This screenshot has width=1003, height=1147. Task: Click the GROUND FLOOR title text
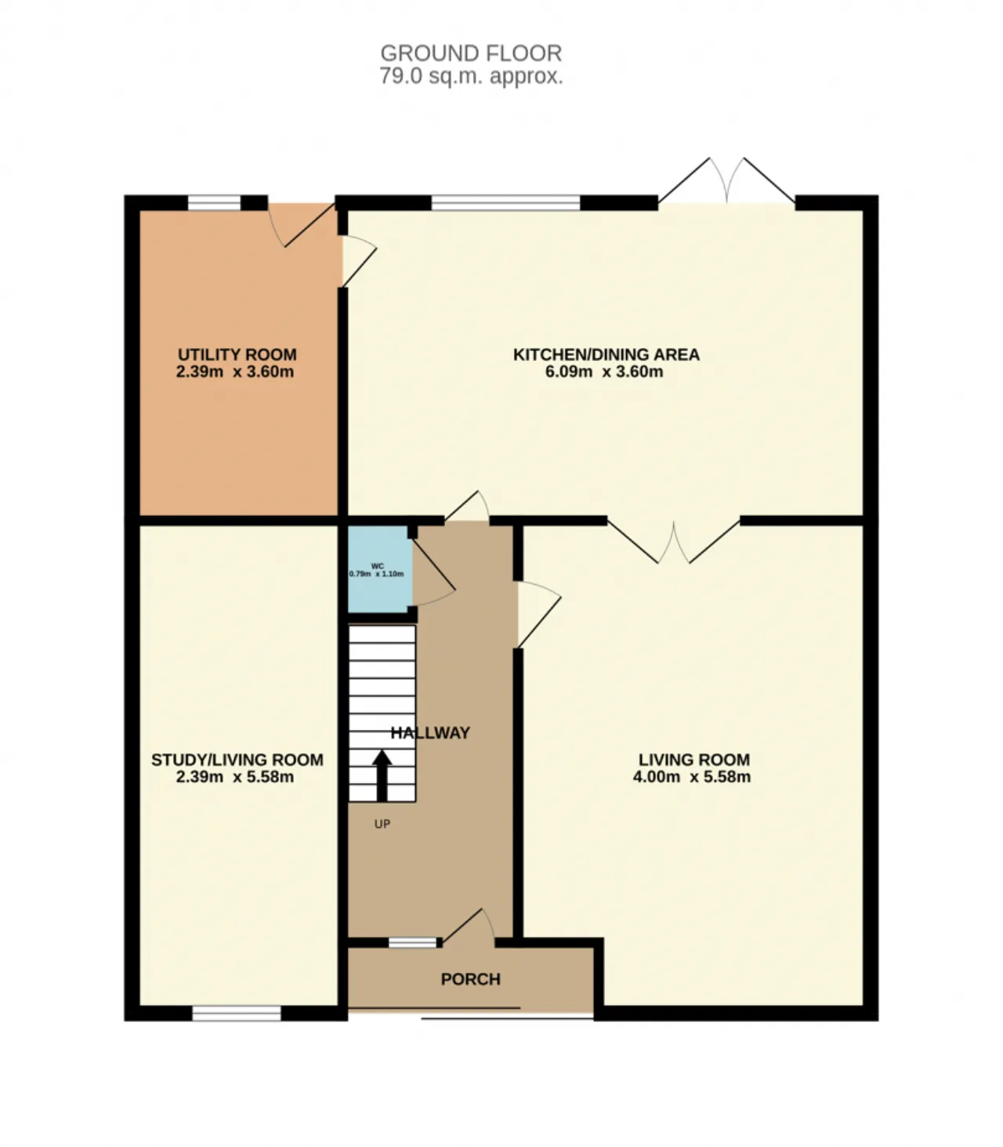471,53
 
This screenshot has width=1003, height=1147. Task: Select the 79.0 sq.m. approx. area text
471,76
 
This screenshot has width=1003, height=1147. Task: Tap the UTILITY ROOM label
237,354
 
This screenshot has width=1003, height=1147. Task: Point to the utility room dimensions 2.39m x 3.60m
235,372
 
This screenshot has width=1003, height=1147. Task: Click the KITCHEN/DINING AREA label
606,354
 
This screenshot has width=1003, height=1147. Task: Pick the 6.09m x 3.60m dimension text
604,372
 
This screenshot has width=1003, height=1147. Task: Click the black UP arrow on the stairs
382,775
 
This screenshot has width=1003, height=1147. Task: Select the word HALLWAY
430,733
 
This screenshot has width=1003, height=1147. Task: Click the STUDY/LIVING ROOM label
237,760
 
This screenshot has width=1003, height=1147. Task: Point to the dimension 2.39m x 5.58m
235,777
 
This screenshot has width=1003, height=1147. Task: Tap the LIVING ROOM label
693,760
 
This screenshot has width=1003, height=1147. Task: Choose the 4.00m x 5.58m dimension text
692,777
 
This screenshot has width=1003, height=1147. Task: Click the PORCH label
470,979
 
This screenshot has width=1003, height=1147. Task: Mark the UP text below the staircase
382,824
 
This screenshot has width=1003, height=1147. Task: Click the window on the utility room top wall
214,203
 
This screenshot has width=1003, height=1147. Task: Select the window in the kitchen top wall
505,203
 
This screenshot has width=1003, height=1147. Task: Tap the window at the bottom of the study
237,1014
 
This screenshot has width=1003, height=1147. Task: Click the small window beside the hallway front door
413,943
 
